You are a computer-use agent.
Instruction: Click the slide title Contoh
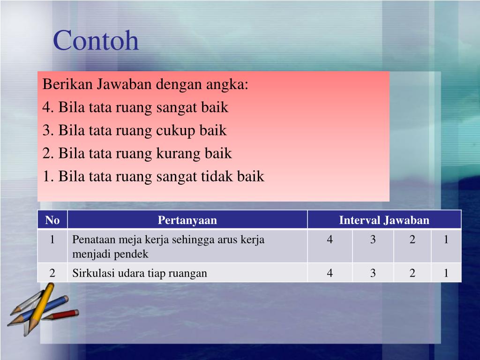96,41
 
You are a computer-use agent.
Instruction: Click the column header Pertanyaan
187,220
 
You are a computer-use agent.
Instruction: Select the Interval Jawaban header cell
384,220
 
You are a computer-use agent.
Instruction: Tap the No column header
52,220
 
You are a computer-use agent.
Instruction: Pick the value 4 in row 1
330,240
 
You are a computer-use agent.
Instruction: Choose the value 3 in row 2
373,273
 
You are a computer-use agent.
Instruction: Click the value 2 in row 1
412,240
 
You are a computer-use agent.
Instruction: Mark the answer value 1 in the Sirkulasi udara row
446,273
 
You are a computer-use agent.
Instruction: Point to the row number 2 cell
52,273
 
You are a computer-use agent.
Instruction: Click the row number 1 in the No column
52,240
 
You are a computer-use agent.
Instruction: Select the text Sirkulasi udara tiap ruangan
139,273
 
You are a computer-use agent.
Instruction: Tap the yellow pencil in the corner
39,307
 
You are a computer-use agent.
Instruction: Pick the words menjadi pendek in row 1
110,255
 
